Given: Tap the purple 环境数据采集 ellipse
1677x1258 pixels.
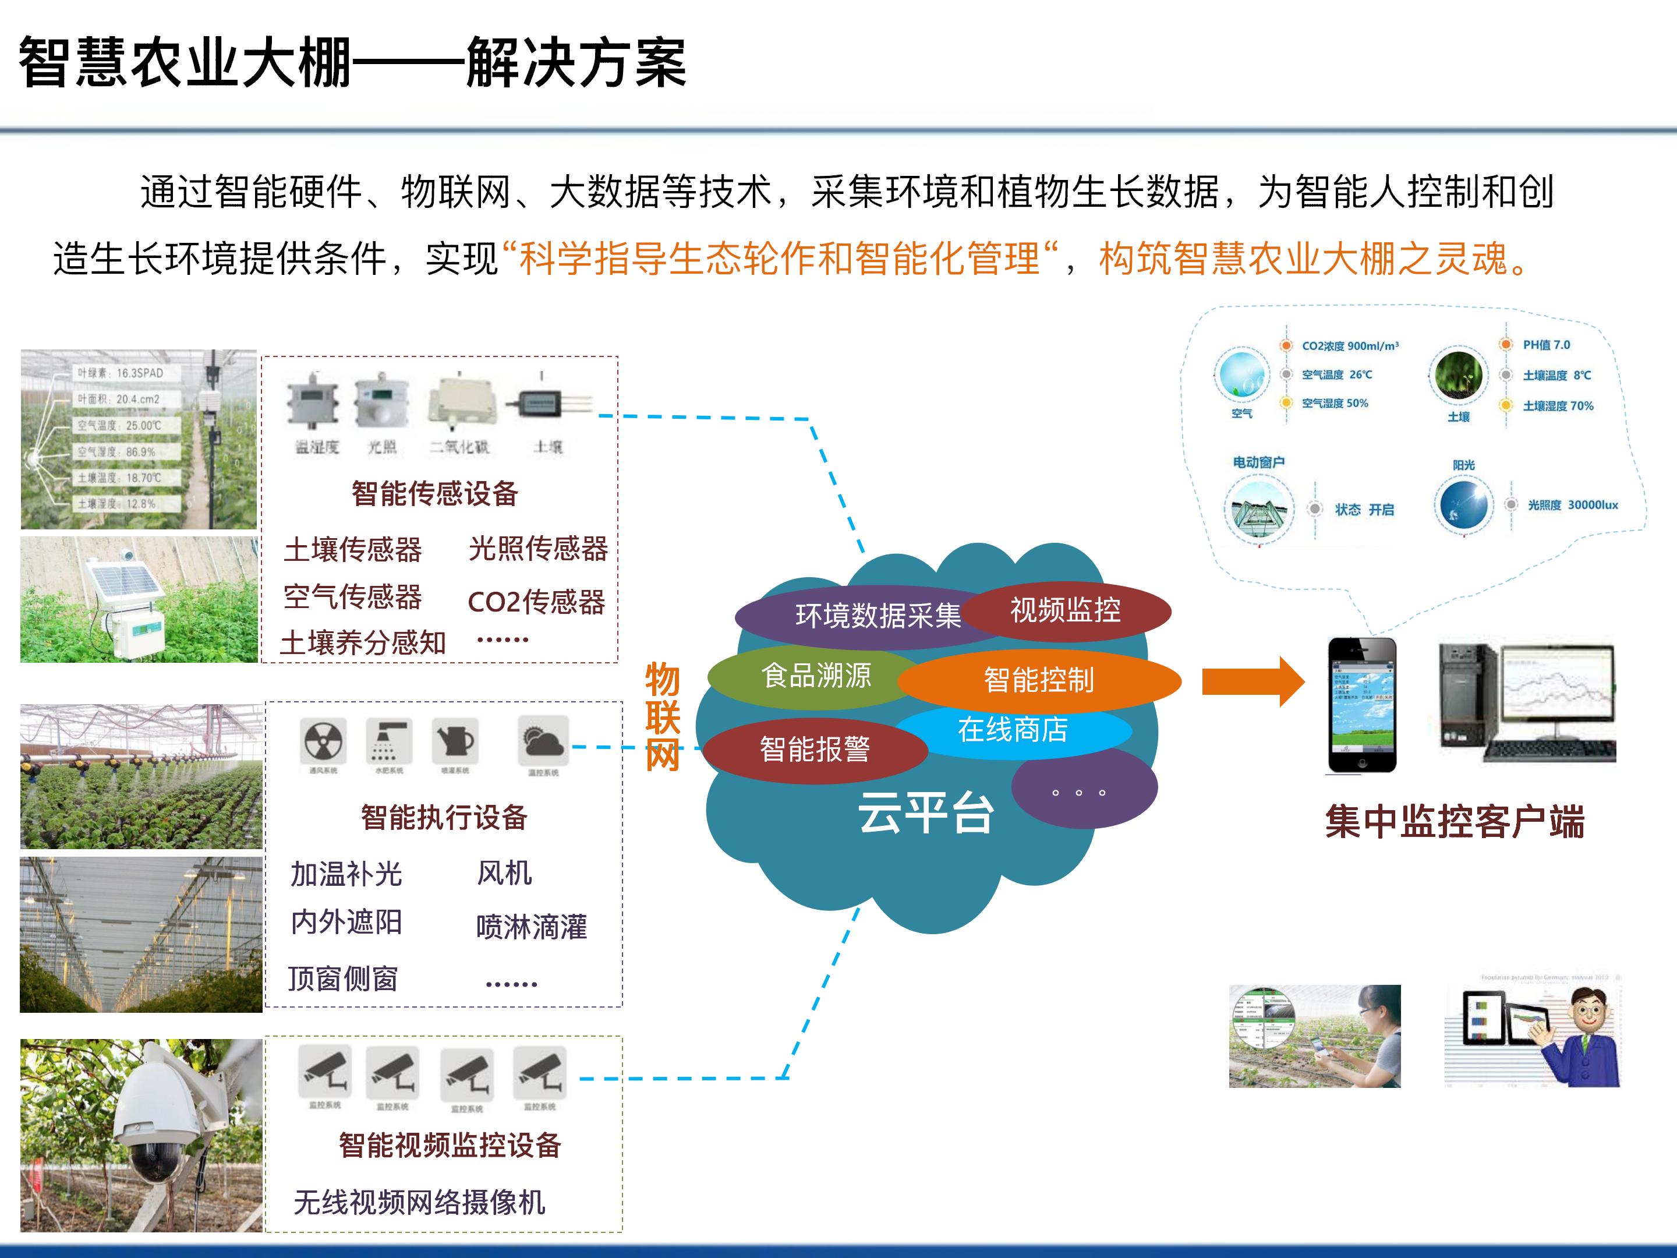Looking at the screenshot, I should [x=849, y=616].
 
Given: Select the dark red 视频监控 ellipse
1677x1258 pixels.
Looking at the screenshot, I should [x=1065, y=610].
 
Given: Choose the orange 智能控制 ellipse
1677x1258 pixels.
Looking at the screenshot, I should [x=1039, y=680].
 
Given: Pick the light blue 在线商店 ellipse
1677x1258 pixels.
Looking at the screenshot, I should [x=1012, y=730].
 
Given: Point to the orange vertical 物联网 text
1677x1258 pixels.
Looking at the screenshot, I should [x=662, y=716].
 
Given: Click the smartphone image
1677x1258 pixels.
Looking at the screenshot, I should [x=1361, y=705].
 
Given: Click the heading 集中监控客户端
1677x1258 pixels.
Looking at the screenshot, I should [x=1454, y=822].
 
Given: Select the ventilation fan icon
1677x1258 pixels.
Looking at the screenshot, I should [x=324, y=741].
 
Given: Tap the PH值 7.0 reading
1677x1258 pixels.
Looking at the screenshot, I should [x=1547, y=345].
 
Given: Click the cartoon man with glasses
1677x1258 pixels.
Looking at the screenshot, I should [x=1584, y=1039].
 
